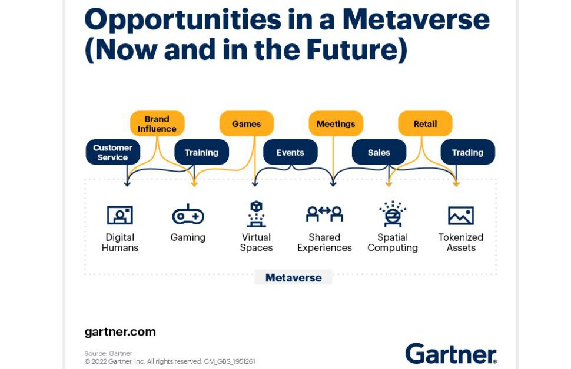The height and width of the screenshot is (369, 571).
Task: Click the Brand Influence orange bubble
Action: tap(157, 123)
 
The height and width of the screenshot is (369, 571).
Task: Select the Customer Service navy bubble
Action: tap(113, 152)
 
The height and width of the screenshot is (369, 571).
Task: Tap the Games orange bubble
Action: tap(247, 123)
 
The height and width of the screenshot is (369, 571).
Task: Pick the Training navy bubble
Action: tap(202, 152)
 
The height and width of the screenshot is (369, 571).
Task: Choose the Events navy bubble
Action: tap(290, 152)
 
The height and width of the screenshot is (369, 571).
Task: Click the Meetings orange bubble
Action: tap(336, 123)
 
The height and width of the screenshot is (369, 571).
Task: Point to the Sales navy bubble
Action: tap(379, 152)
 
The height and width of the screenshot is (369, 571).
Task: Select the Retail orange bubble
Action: tap(426, 123)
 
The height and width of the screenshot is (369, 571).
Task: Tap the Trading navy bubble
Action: tap(467, 152)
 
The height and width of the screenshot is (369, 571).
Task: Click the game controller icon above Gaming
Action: tap(188, 214)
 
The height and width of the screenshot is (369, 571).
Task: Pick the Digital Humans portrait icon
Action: tap(120, 215)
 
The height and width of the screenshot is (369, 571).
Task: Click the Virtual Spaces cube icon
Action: tap(257, 214)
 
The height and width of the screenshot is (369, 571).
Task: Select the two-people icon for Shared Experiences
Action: tap(324, 214)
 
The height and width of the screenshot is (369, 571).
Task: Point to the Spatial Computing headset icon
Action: tap(393, 214)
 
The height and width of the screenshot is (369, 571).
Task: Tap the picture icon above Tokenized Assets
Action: tap(461, 215)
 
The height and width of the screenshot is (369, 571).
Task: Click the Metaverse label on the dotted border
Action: tap(294, 278)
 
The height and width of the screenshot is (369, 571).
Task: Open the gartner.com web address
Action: tap(120, 332)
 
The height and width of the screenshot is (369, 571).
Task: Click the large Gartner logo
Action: tap(451, 353)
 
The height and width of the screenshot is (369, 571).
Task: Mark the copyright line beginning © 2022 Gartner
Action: tap(170, 361)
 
